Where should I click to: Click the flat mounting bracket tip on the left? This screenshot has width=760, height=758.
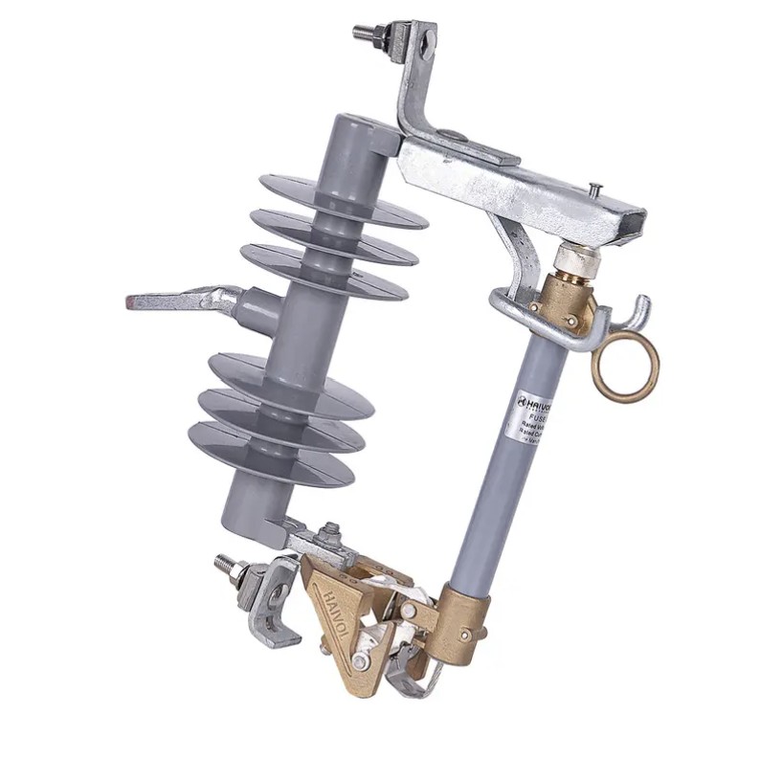(x=144, y=302)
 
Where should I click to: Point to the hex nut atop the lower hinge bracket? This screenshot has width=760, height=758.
(x=331, y=531)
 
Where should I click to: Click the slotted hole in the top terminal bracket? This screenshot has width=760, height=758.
(x=427, y=42)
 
